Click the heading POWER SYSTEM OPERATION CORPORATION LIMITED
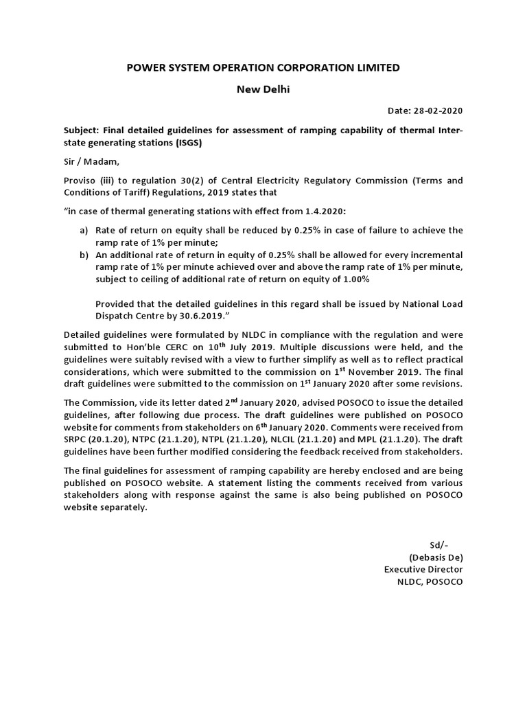click(x=263, y=67)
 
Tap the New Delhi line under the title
click(x=263, y=89)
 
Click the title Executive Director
click(x=423, y=569)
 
